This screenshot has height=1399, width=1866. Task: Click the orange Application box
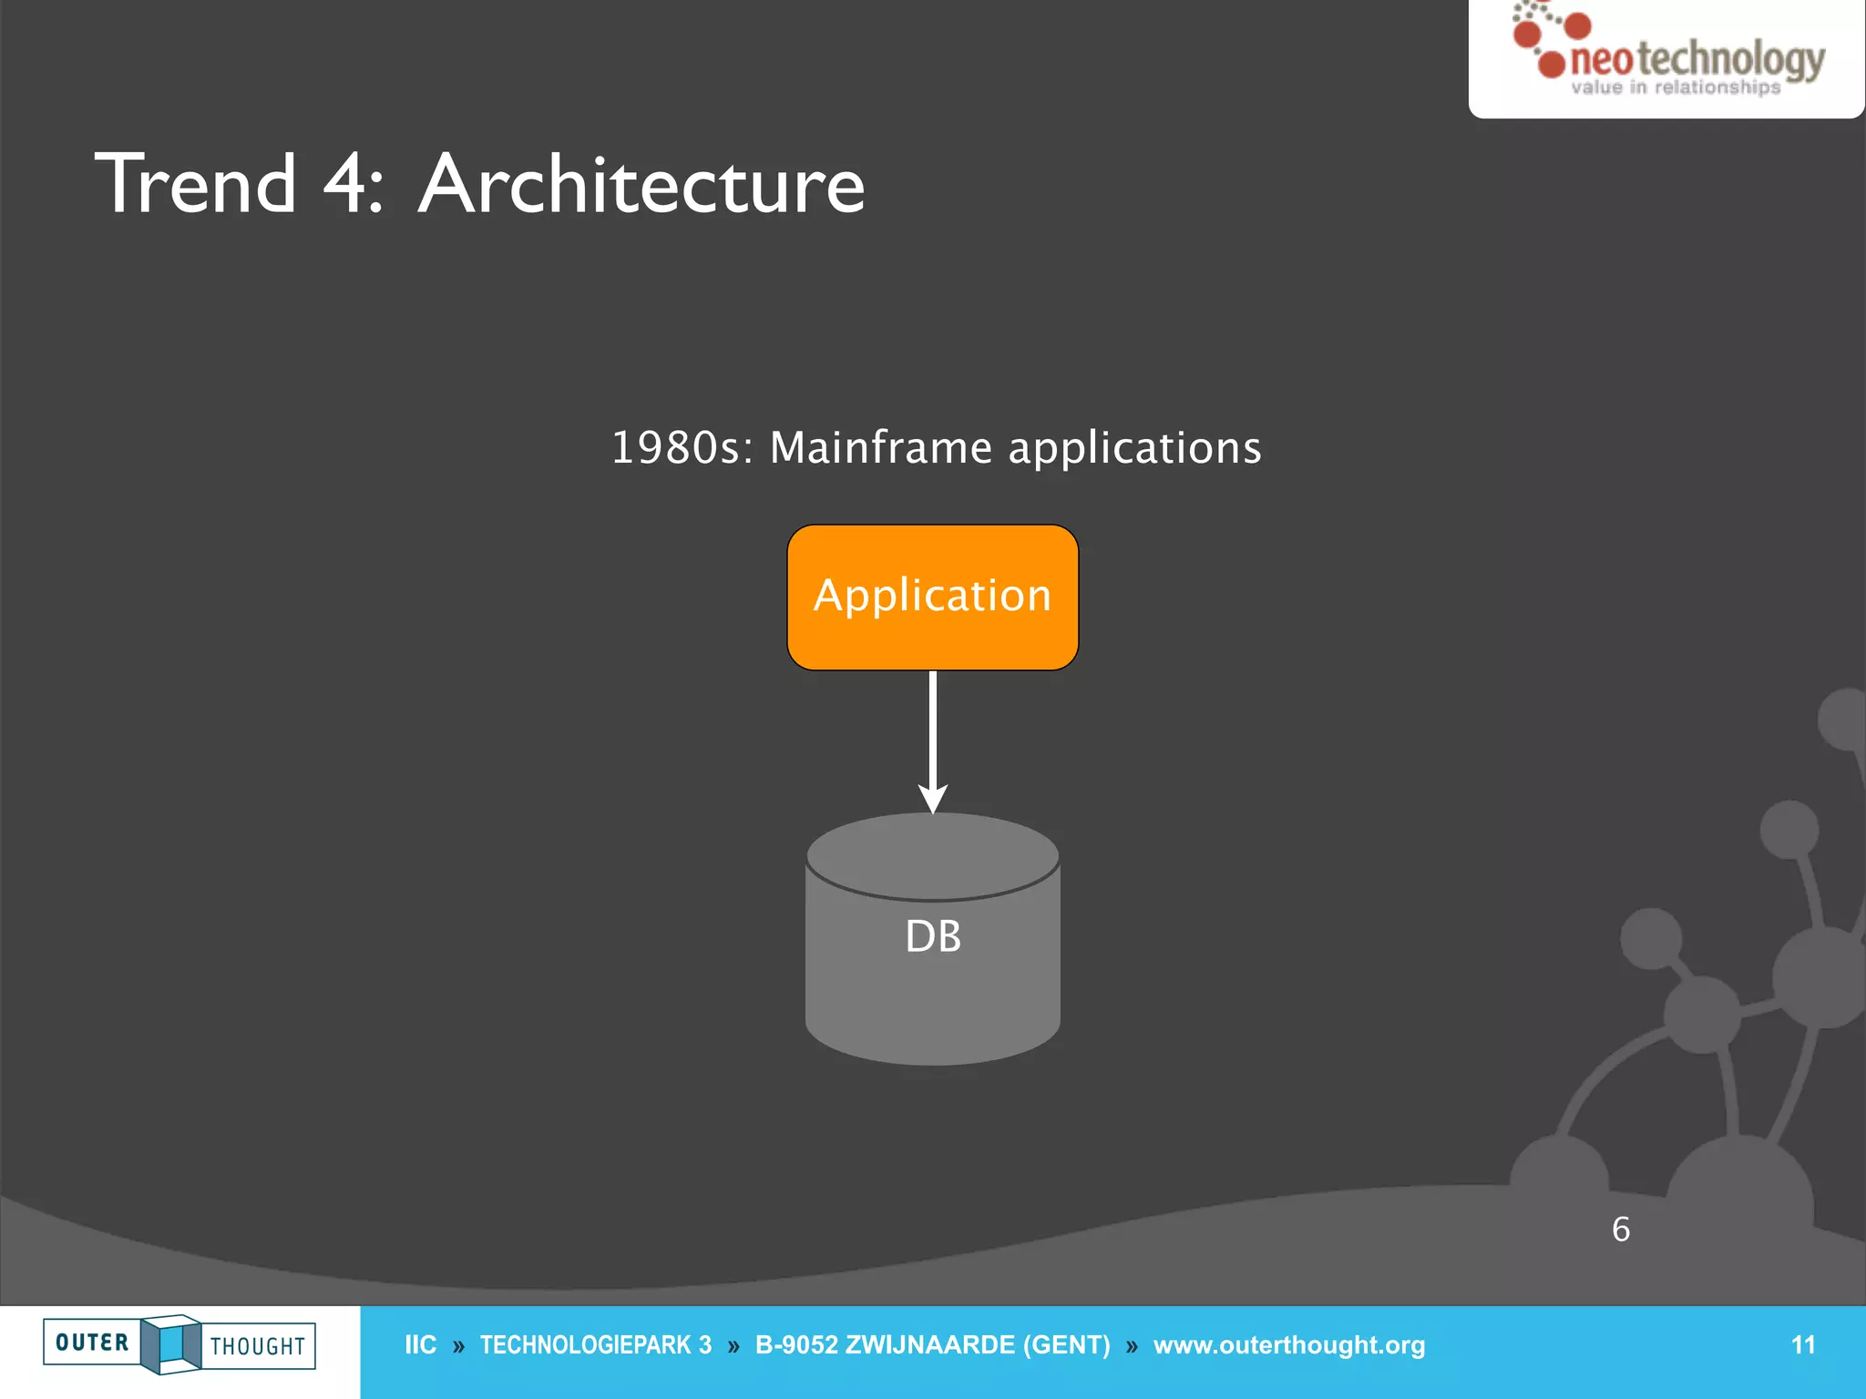(x=932, y=597)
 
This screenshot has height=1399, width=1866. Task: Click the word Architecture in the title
(x=641, y=185)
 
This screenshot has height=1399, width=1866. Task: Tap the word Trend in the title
(x=196, y=185)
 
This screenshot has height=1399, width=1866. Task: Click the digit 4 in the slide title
(x=344, y=185)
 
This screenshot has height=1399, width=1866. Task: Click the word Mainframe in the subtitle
(x=880, y=448)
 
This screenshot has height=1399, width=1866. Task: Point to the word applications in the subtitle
(x=1134, y=448)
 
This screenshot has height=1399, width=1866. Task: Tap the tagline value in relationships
(x=1675, y=88)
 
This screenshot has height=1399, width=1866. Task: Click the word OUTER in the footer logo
(x=92, y=1343)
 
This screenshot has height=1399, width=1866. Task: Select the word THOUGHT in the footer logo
(x=258, y=1346)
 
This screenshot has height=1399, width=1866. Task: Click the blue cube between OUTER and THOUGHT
(x=171, y=1344)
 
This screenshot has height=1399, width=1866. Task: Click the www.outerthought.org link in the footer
(x=1288, y=1345)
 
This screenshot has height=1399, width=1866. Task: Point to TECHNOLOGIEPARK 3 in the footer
(x=595, y=1345)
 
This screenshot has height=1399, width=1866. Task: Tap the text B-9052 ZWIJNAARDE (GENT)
(x=932, y=1345)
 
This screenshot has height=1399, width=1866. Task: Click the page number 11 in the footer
(x=1802, y=1345)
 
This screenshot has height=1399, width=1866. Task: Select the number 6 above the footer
(x=1621, y=1230)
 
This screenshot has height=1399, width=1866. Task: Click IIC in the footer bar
(x=420, y=1345)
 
